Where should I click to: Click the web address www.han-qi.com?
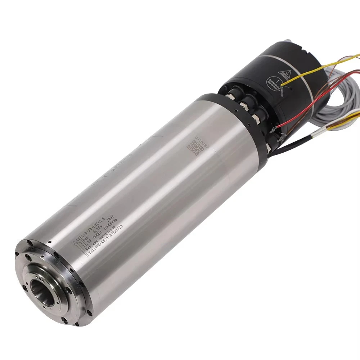(x=104, y=235)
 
